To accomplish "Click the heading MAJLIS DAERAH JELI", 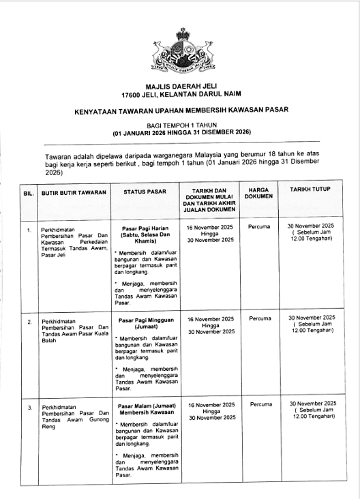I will click(x=180, y=87).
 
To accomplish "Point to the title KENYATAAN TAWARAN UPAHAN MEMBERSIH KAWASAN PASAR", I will click(x=181, y=110).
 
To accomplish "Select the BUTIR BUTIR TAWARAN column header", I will click(x=74, y=193).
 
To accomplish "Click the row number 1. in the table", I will click(x=29, y=230).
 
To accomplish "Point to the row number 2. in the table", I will click(x=29, y=320).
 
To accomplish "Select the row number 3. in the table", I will click(x=29, y=407).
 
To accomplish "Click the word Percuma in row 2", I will click(x=260, y=318).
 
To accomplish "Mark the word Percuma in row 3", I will click(x=260, y=404).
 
